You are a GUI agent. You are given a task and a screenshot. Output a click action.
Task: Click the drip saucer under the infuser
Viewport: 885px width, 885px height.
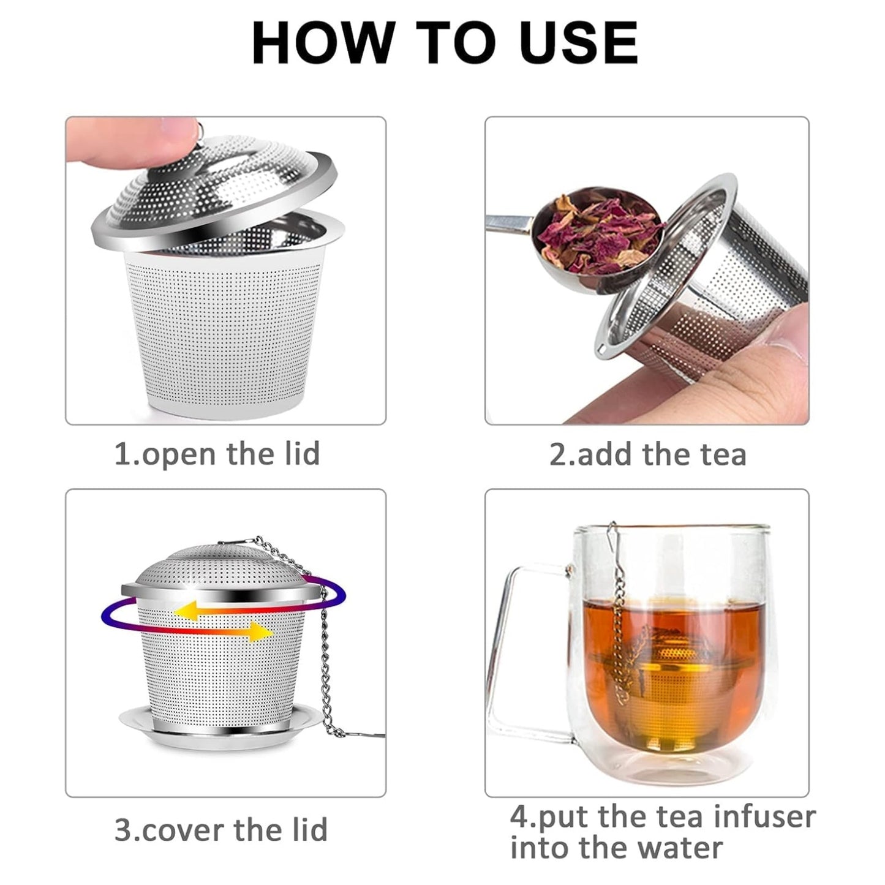pyautogui.click(x=220, y=729)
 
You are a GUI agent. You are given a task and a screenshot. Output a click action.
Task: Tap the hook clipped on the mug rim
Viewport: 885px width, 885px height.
pyautogui.click(x=612, y=539)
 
